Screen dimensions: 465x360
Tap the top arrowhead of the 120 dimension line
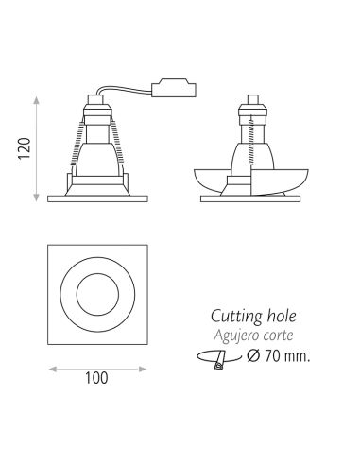click(38, 96)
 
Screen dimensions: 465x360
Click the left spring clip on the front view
click(72, 146)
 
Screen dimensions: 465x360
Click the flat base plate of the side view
click(252, 197)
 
